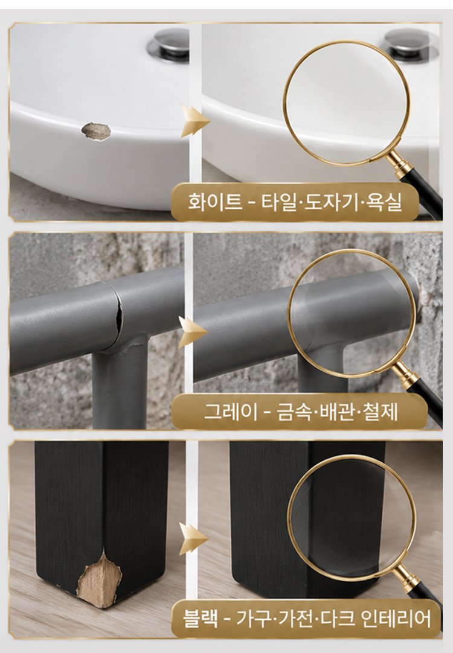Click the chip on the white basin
[x=96, y=131]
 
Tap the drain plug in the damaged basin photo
[x=169, y=43]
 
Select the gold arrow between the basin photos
[x=194, y=121]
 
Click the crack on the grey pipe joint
[x=120, y=320]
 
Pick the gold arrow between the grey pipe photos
[x=192, y=332]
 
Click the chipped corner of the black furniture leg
[x=99, y=578]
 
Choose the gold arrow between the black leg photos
[x=193, y=540]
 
